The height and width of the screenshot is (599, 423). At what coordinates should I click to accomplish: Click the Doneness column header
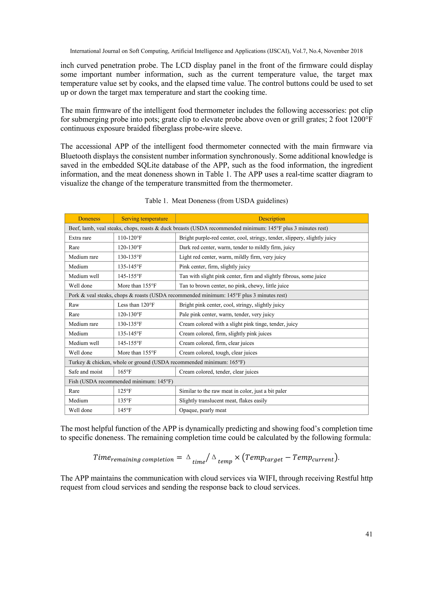click(x=89, y=219)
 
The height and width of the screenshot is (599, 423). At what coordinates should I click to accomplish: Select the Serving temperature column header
click(x=145, y=219)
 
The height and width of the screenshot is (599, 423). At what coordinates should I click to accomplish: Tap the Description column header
click(x=272, y=219)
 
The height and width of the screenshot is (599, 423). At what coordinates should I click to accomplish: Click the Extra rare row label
click(x=80, y=238)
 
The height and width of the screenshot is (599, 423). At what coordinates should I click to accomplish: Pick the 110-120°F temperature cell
click(x=130, y=238)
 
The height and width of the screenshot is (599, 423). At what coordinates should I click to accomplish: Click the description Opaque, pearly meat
click(x=203, y=410)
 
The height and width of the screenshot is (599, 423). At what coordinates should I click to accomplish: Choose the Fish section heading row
click(x=121, y=381)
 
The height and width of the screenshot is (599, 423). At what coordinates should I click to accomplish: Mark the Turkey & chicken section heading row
click(x=157, y=362)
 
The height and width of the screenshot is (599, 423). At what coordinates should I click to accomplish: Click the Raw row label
click(x=74, y=305)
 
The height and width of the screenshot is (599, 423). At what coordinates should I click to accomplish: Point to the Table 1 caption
click(x=216, y=201)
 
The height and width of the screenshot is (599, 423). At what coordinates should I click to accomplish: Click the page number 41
click(x=369, y=534)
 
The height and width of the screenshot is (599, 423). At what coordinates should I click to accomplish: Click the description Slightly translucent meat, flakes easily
click(x=223, y=400)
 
